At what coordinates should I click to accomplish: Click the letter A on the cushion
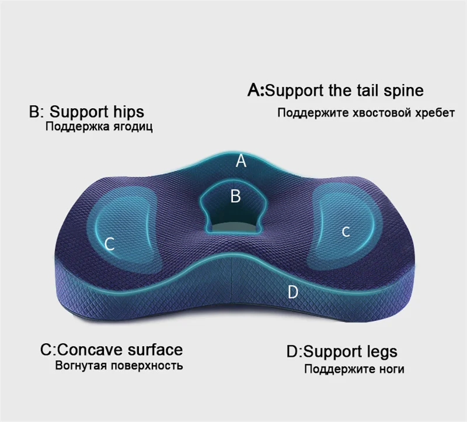(241, 161)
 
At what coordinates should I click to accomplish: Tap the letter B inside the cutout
(235, 196)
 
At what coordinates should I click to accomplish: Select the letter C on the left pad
(109, 244)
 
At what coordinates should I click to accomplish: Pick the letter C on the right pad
(346, 232)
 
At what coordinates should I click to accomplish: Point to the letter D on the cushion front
(293, 292)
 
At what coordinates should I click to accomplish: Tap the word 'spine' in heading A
(404, 91)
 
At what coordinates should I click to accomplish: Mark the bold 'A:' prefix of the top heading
(257, 91)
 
